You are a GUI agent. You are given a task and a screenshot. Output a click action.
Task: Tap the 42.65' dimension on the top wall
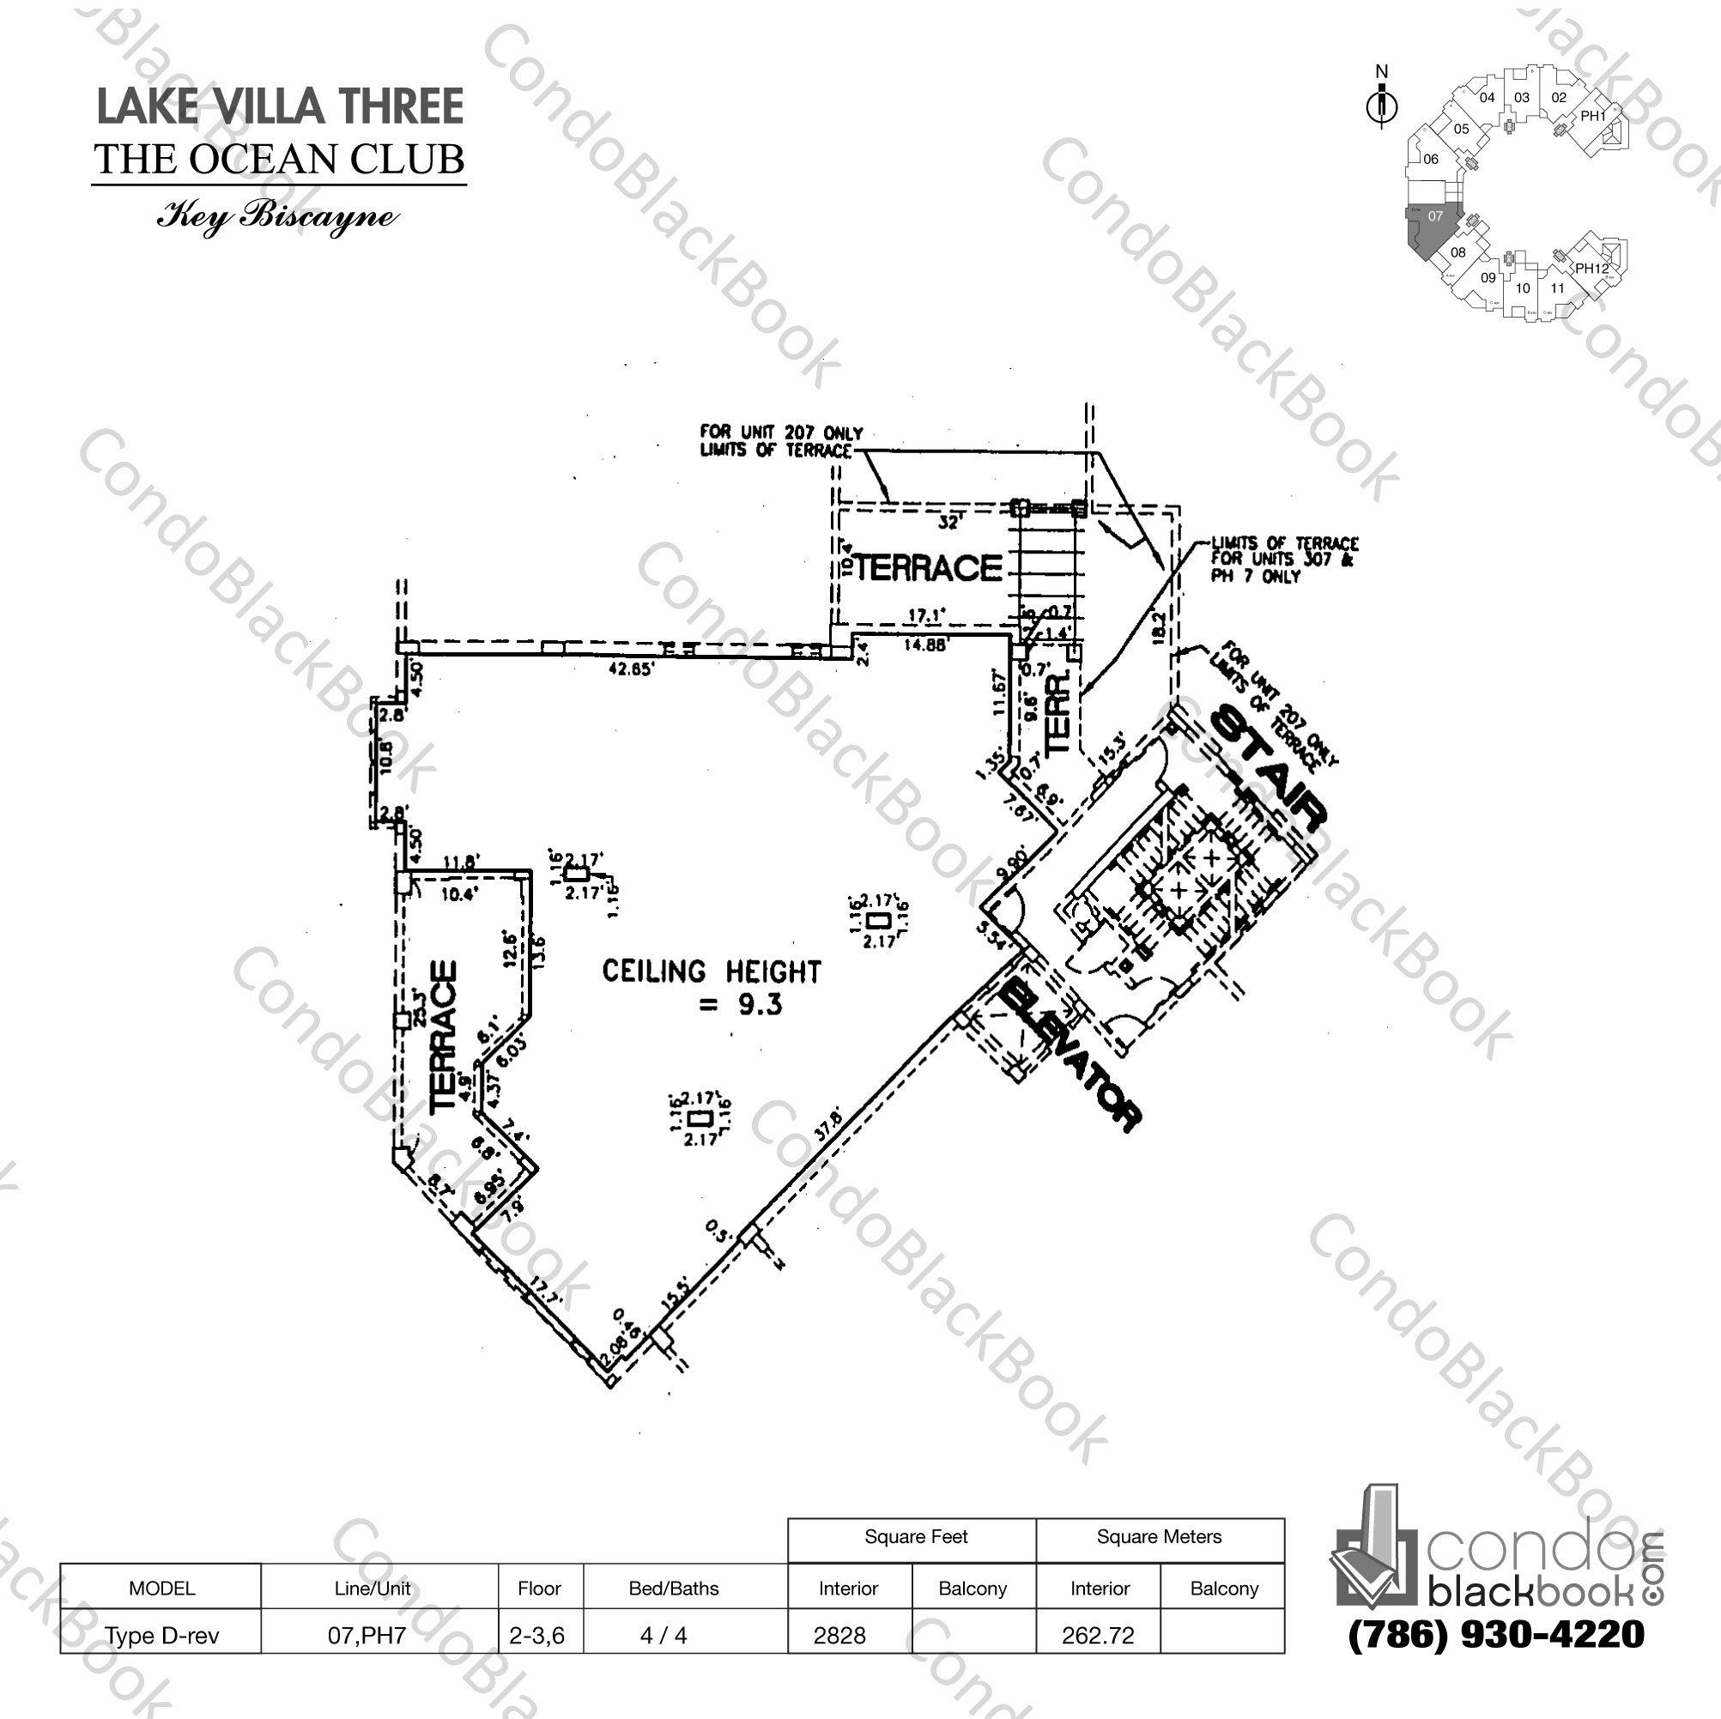630,668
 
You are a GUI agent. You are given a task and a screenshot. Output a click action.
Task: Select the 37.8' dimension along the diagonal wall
827,1124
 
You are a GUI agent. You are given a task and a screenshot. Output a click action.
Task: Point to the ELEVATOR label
1069,1056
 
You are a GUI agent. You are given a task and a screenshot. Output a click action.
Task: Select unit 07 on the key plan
1434,216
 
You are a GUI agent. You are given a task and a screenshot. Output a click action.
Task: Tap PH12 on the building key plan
1590,268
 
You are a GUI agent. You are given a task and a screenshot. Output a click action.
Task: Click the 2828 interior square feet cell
840,1635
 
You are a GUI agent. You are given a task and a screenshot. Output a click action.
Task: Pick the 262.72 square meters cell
1098,1635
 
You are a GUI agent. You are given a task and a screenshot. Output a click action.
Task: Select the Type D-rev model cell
161,1635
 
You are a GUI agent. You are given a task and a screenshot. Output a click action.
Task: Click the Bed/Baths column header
674,1588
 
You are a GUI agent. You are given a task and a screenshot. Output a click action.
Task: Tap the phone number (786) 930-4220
1496,1633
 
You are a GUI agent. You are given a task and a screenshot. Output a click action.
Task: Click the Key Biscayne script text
277,217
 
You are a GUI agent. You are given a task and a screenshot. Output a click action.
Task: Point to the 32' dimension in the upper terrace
948,523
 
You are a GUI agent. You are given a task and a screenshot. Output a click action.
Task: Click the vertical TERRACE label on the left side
445,1035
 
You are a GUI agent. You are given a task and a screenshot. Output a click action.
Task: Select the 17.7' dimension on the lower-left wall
544,1292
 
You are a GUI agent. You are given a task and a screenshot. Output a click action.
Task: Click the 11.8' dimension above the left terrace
462,862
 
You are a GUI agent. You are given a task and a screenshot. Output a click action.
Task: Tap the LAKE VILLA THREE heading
279,107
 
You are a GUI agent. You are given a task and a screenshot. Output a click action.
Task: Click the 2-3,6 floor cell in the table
537,1635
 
